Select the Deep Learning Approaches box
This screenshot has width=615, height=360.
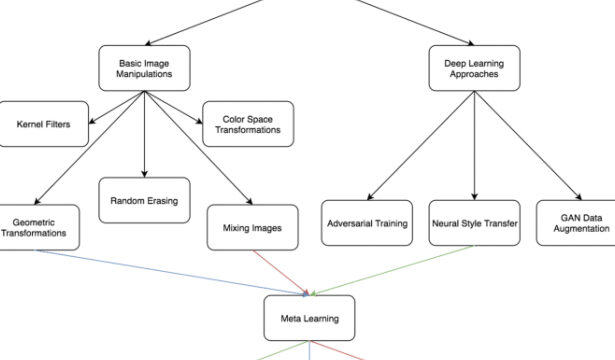click(474, 69)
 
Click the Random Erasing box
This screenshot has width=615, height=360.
click(144, 200)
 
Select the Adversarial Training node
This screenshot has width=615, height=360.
click(367, 224)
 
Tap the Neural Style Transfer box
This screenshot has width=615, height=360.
click(474, 224)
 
